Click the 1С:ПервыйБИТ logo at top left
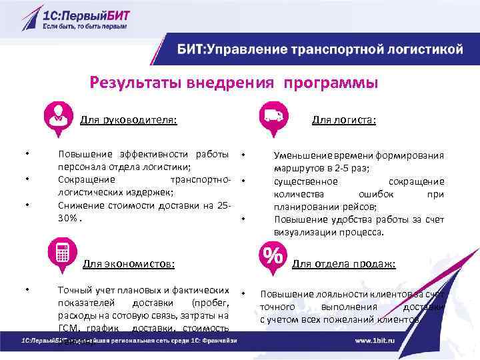point(73,16)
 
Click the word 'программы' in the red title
point(330,83)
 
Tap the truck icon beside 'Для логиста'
point(273,115)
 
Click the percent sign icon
point(273,256)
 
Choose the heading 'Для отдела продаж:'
point(344,264)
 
